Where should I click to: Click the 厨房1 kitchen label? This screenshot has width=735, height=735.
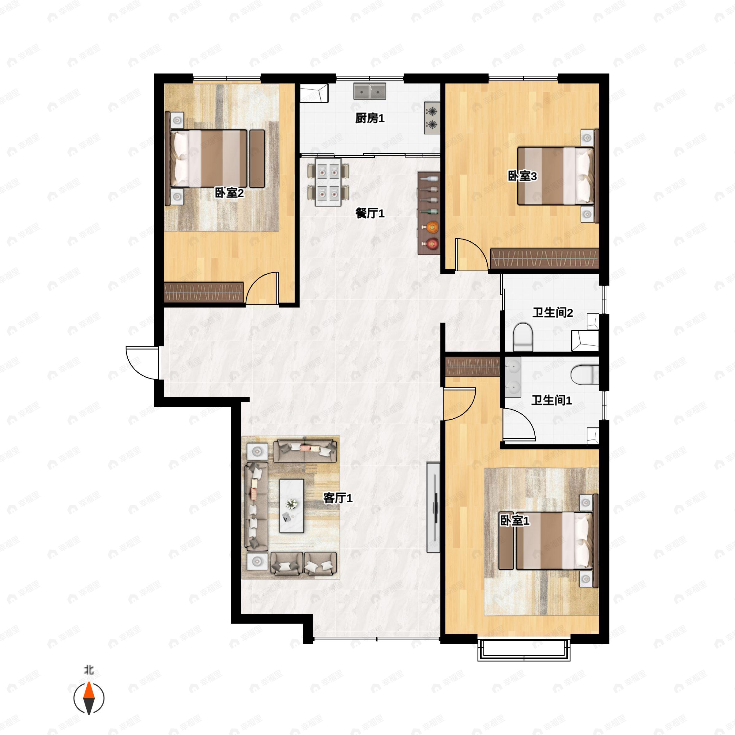click(370, 118)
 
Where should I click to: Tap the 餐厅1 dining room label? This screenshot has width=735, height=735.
click(370, 213)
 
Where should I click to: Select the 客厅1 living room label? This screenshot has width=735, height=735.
click(338, 498)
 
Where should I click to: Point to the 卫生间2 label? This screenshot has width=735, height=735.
click(552, 313)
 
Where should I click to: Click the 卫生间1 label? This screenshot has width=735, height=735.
click(552, 400)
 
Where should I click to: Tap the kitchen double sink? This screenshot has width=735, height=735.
click(370, 91)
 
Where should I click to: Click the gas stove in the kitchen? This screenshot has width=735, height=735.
click(432, 118)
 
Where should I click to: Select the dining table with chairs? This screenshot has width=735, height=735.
click(328, 182)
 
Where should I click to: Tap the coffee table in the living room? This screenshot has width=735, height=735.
click(292, 506)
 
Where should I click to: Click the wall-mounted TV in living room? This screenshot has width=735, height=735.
click(433, 507)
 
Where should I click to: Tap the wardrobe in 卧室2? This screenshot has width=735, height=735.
click(204, 292)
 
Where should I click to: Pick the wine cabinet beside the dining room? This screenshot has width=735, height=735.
click(429, 213)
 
